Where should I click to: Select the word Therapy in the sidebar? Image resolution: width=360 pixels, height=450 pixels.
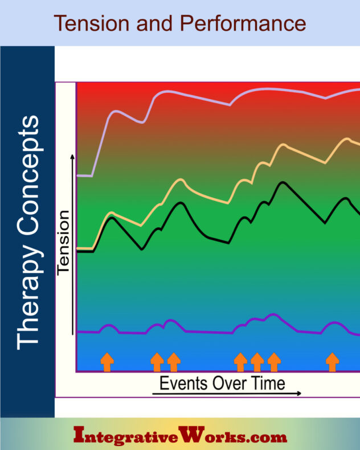coord(28,301)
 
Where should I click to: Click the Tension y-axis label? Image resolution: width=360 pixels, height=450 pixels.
coord(63,242)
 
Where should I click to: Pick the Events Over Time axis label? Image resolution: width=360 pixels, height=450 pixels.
coord(222,382)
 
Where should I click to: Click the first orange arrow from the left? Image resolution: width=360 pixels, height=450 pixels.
coord(107,362)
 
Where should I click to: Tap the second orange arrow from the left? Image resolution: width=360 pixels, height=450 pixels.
coord(157,362)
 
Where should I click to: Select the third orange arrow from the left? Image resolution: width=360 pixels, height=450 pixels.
coord(173,362)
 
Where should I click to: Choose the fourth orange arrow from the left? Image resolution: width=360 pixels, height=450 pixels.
coord(240,362)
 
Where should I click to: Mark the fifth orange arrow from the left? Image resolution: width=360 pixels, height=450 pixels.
coord(257,362)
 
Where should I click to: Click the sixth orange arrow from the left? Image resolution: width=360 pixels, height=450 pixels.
coord(274,362)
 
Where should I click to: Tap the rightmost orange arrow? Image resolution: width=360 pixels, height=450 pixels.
coord(332,362)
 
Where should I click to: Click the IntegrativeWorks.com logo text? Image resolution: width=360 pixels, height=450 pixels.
coord(181,437)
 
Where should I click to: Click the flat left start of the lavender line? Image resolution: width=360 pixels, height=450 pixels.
coord(85,175)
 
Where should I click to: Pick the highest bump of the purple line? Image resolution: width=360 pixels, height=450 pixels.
coord(273,314)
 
